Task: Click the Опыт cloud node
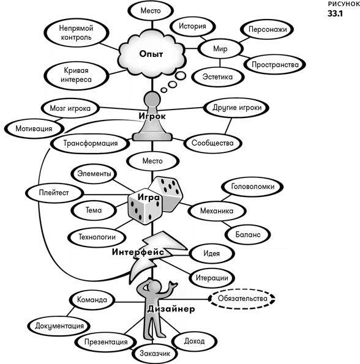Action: (x=152, y=54)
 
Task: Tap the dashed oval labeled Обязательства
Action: (x=242, y=299)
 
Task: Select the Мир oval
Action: (x=220, y=49)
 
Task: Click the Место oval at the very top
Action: (x=151, y=10)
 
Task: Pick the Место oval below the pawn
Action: (x=152, y=161)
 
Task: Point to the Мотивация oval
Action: (x=34, y=128)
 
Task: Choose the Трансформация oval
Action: (x=91, y=144)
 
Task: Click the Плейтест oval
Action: (x=54, y=193)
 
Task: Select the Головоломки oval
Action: (x=252, y=187)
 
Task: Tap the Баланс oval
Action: (x=248, y=234)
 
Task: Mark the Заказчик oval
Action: (x=155, y=354)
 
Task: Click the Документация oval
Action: (x=59, y=326)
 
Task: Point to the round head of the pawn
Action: (x=152, y=99)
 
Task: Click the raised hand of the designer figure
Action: (x=173, y=284)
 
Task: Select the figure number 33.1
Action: (x=335, y=13)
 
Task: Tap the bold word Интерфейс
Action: (x=138, y=252)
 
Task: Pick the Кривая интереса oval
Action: (x=76, y=75)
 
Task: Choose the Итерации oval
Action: (x=212, y=278)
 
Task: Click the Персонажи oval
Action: (x=268, y=29)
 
